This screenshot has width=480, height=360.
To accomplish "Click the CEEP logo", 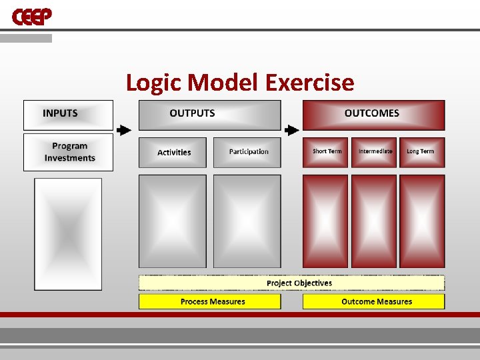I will [x=31, y=17].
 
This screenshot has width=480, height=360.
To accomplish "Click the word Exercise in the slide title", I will [x=309, y=83].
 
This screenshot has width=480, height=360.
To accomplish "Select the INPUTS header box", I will [x=68, y=115].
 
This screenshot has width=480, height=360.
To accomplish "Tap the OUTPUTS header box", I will [x=209, y=115].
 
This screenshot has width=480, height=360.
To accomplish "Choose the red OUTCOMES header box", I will [x=373, y=115].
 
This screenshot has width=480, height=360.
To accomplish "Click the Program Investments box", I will [x=68, y=152].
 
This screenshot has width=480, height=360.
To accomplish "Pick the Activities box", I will [x=173, y=152].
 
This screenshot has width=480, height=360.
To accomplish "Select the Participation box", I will [x=247, y=152].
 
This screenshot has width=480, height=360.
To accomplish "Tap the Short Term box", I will [x=325, y=152].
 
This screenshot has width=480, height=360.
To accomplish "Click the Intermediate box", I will [x=374, y=152].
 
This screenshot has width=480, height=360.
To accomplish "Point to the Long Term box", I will [x=421, y=152].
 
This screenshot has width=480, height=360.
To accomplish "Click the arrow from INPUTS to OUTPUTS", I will [x=124, y=130].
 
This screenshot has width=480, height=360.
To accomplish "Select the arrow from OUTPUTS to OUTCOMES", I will [x=291, y=130].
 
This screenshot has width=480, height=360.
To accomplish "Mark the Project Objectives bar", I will [x=291, y=283].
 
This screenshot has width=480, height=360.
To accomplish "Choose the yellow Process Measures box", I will [x=209, y=301].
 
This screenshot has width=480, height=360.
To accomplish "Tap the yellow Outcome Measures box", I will [x=373, y=301].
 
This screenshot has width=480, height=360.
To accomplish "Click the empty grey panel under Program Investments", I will [x=68, y=233].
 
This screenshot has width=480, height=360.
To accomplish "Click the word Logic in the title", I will [x=155, y=83].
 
